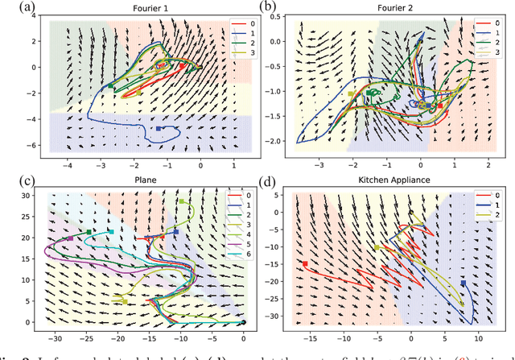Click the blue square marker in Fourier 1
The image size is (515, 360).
(x=159, y=128)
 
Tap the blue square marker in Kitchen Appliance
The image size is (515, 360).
(x=463, y=283)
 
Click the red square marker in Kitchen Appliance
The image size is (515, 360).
(x=304, y=263)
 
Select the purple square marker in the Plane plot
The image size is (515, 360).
(x=70, y=238)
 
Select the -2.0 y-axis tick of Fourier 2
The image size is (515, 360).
(x=280, y=140)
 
